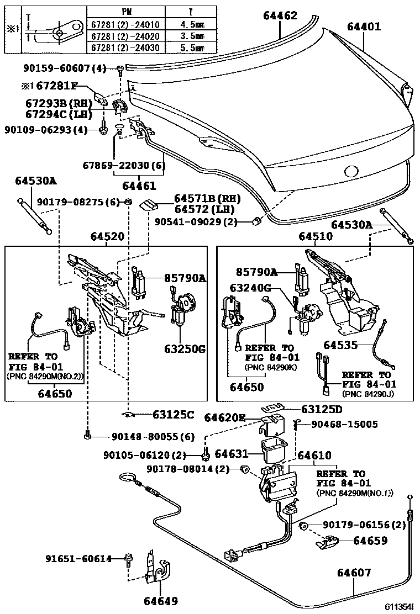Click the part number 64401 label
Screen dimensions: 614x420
tap(364, 26)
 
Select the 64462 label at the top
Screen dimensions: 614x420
tap(280, 16)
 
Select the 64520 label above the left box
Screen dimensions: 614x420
tap(108, 236)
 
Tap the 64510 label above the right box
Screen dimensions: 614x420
tap(316, 236)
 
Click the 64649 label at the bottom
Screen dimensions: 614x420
tap(161, 600)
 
